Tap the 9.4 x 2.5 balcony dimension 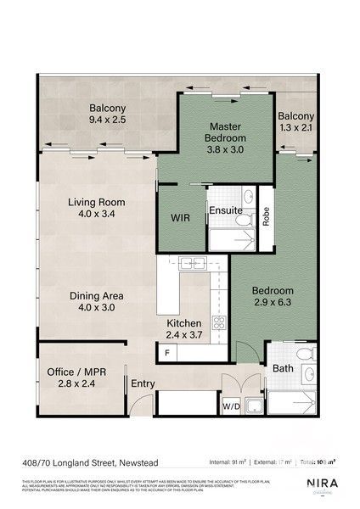tap(108, 121)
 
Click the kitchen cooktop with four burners tap(218, 322)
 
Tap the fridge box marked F tap(167, 351)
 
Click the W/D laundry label tap(230, 407)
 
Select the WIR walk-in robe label tap(180, 218)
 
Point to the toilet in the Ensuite tap(245, 221)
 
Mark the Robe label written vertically tap(266, 216)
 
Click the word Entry tap(143, 384)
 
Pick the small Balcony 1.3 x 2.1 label tap(296, 121)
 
